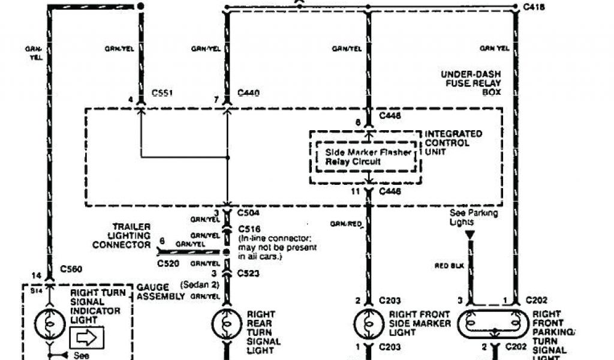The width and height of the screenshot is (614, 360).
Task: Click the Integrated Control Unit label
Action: [453, 143]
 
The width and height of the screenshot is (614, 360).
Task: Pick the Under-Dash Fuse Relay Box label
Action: [471, 84]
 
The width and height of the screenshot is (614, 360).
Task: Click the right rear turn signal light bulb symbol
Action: [226, 325]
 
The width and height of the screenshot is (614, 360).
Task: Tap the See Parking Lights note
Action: [474, 218]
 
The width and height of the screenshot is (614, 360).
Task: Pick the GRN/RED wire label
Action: [346, 224]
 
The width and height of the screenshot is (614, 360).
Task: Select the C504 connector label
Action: [248, 212]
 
